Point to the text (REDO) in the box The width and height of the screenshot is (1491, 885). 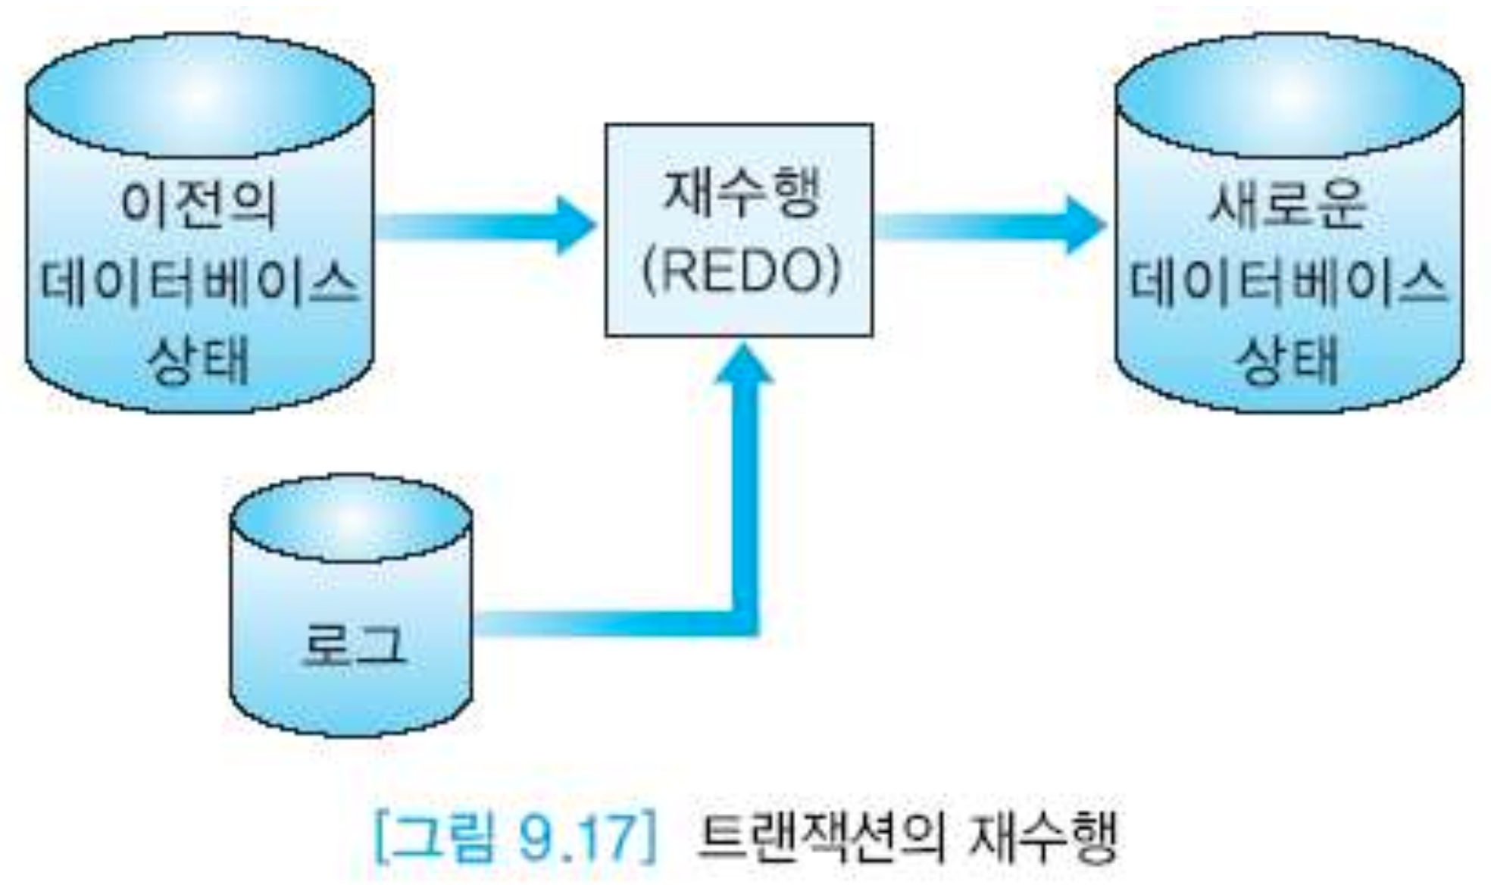tap(741, 271)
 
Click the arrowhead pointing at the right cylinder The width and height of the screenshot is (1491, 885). tap(1085, 225)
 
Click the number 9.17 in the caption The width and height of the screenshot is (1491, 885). tap(579, 837)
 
